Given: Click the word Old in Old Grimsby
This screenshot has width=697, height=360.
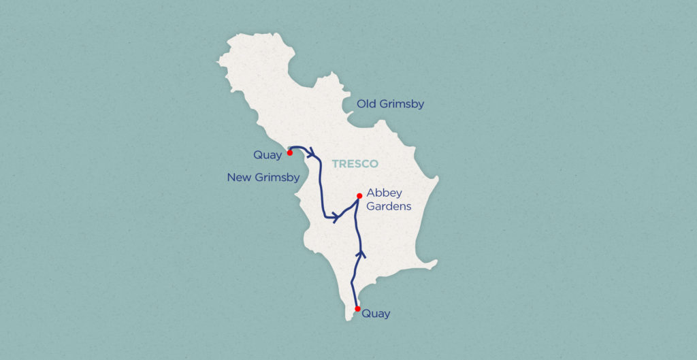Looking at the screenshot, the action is tap(368, 104).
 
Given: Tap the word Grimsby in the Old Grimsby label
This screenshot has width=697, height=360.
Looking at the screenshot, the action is tap(402, 104).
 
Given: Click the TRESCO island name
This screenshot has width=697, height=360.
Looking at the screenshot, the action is tap(355, 164).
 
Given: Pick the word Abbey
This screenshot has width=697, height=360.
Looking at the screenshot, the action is tap(384, 193).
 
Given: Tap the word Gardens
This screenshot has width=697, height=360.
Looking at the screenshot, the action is tap(389, 206).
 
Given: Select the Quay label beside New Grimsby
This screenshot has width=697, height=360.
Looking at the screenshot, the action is tap(268, 155).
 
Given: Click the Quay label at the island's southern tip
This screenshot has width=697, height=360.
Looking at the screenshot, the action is tap(376, 314).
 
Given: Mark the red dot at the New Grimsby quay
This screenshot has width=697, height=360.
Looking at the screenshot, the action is tap(290, 153).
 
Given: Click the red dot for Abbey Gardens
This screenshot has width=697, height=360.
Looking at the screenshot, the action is tap(359, 196).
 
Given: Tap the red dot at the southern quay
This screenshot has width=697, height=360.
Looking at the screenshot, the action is tap(357, 308).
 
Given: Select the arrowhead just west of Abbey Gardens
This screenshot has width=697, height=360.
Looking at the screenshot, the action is tap(336, 217).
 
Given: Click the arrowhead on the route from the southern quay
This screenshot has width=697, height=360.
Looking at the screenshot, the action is tap(361, 253).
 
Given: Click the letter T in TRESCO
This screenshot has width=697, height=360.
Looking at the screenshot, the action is tap(335, 164).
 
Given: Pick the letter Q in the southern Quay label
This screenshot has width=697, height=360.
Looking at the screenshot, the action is tap(366, 314).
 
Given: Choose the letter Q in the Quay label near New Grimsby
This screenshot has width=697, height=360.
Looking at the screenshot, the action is tap(258, 155).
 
